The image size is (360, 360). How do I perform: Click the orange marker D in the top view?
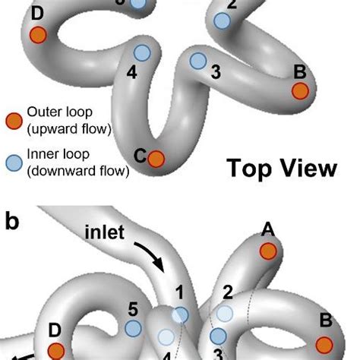(38, 35)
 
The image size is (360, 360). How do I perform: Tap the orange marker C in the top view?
(156, 158)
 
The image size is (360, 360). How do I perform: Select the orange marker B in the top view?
(301, 91)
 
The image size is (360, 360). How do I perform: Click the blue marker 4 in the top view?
(141, 52)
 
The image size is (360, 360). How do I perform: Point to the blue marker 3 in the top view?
(197, 60)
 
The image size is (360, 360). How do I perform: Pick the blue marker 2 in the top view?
(222, 21)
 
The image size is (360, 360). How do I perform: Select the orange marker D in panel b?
(56, 350)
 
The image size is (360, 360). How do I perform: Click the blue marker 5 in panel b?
(133, 328)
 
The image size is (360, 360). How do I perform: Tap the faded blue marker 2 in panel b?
(225, 312)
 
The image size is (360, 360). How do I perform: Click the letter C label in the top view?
(140, 155)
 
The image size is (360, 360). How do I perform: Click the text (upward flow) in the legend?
(68, 129)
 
